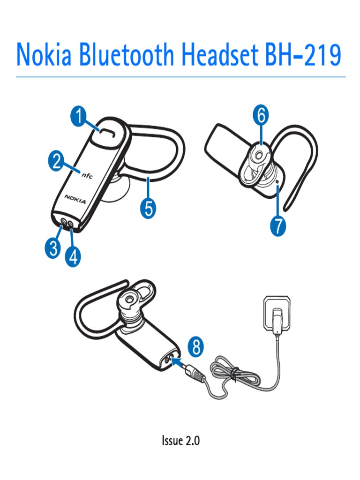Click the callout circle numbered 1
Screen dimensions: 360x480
(78, 116)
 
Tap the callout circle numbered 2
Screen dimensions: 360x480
(57, 161)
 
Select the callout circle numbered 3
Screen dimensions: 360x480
(53, 248)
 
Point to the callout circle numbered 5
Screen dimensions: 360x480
(148, 209)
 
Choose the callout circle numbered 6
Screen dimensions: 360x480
(261, 115)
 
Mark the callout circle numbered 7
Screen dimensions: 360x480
(278, 226)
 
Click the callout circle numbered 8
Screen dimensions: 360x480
(196, 346)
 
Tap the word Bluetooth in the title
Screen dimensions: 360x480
(127, 54)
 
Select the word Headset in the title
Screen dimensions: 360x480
(220, 54)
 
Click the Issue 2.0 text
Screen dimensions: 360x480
(180, 441)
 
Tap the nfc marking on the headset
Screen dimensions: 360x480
(87, 175)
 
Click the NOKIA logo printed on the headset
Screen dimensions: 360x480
(75, 199)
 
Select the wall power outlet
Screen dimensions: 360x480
(277, 314)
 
